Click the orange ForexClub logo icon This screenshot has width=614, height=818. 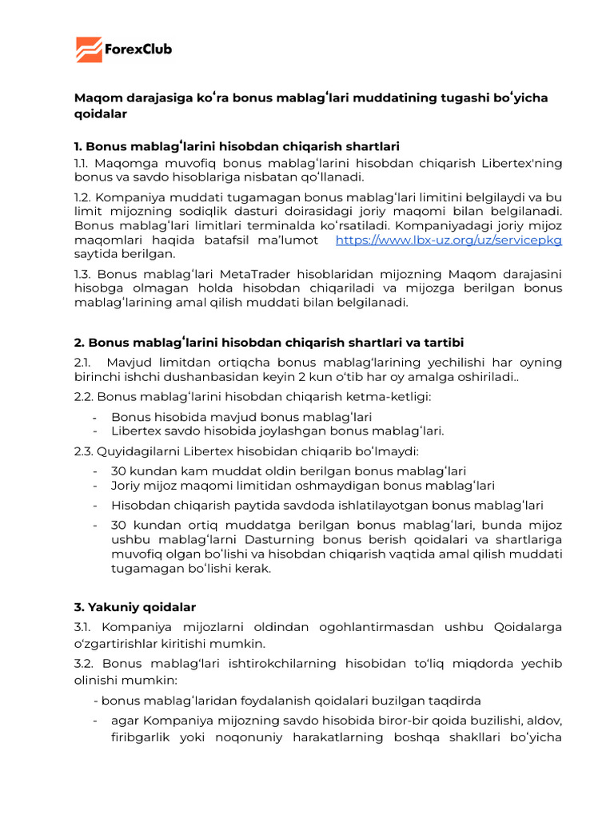(x=90, y=50)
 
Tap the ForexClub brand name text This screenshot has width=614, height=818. (x=138, y=50)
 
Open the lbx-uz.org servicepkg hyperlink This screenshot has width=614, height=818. (x=449, y=240)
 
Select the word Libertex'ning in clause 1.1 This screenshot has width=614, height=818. (x=522, y=163)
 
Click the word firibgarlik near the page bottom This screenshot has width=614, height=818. (x=144, y=738)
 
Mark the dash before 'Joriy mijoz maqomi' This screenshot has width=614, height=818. (x=95, y=486)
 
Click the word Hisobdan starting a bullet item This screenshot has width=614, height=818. (x=141, y=505)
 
